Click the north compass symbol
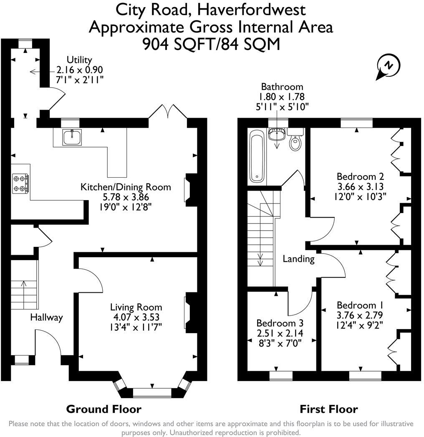(x=388, y=67)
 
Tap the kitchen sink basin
(x=72, y=138)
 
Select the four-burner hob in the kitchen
(x=20, y=183)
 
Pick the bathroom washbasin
(x=277, y=134)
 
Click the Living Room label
(x=136, y=307)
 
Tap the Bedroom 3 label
(x=280, y=323)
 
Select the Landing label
(x=298, y=259)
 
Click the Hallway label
(x=47, y=317)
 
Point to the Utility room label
(x=79, y=60)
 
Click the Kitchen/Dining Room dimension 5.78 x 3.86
(x=126, y=197)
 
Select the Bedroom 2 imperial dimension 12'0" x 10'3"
(x=360, y=197)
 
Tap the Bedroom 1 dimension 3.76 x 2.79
(x=360, y=315)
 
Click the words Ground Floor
(x=104, y=409)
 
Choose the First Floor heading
(x=329, y=409)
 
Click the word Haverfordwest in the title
(x=252, y=10)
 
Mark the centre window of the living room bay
(x=152, y=392)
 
